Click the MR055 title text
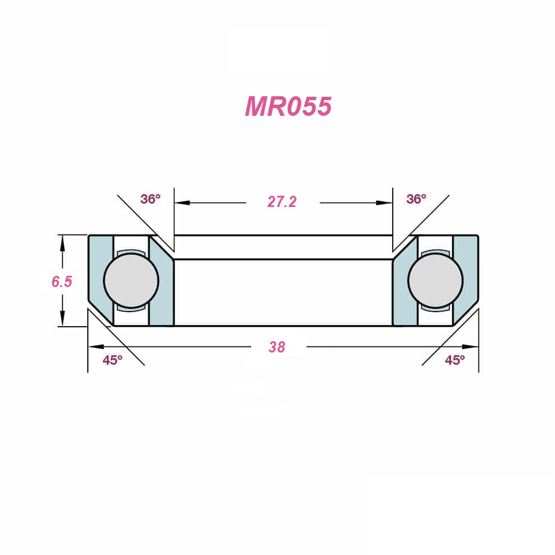point(288,106)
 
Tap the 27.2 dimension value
point(282,202)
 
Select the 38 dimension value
point(277,347)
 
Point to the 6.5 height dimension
point(62,282)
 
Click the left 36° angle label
point(150,199)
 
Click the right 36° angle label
point(416,199)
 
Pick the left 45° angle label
point(112,360)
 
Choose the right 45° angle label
point(455,360)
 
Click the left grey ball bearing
point(131,280)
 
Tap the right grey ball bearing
point(435,280)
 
